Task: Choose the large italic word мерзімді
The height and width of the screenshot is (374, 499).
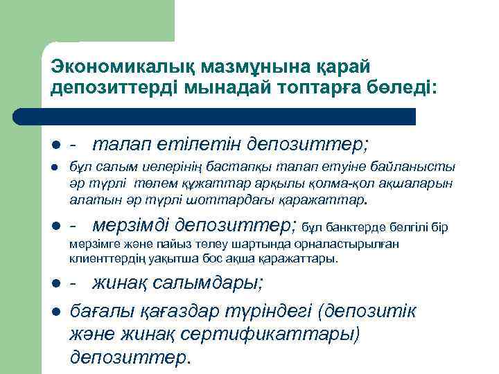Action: coord(131,225)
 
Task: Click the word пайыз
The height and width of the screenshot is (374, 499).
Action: coord(178,244)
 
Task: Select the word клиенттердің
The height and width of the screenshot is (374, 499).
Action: coord(105,259)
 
